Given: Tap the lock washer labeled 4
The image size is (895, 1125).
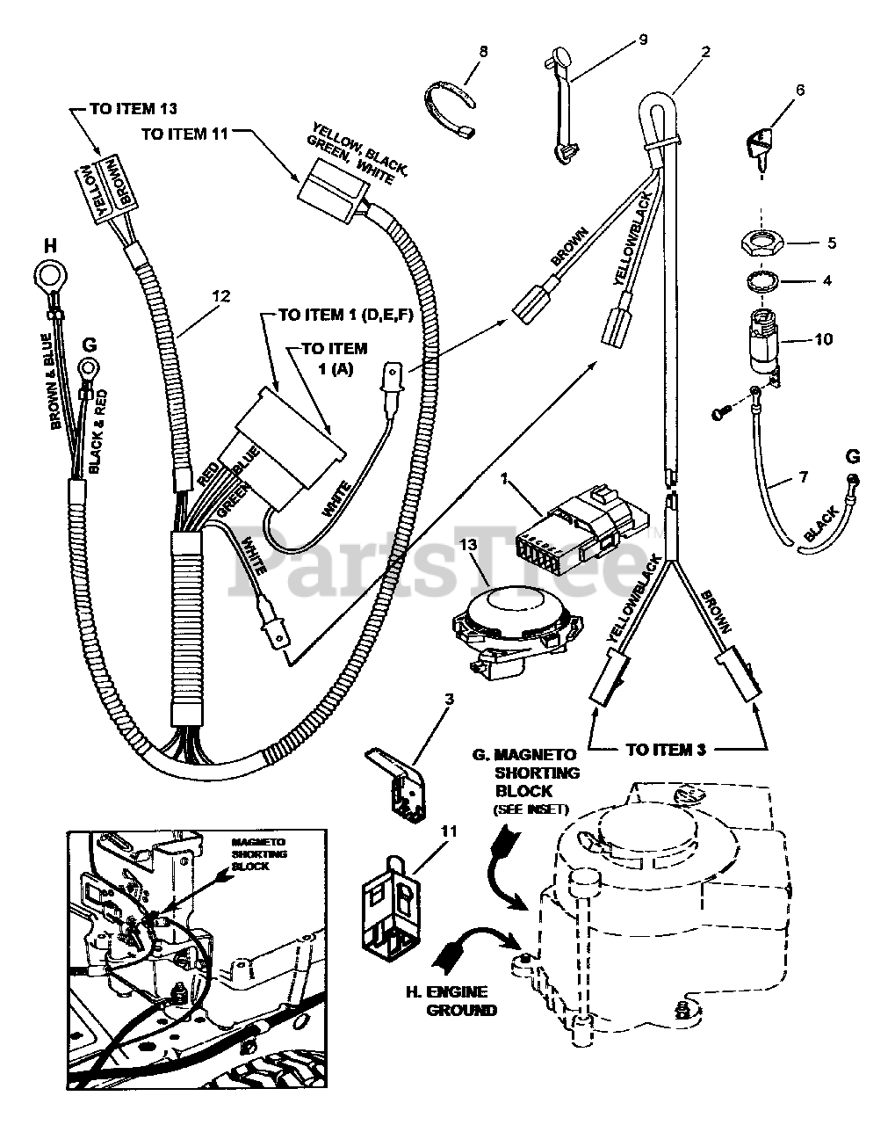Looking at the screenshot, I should coord(761,282).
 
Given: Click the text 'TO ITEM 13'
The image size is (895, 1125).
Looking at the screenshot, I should coord(134,109).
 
